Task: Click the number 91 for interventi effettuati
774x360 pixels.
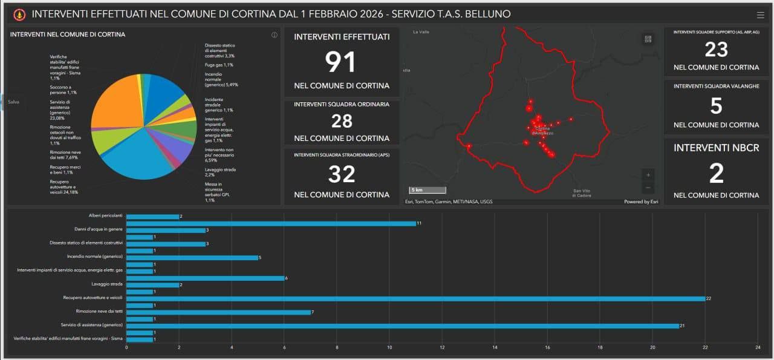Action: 341,62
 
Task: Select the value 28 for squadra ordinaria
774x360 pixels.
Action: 342,121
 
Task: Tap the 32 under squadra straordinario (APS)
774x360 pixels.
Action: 342,174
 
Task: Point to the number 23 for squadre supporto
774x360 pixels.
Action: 716,50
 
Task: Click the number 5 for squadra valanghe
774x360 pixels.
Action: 716,106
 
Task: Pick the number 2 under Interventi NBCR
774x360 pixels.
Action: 716,174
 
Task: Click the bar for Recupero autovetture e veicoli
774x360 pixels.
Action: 415,299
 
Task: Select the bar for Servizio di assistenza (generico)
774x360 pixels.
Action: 402,326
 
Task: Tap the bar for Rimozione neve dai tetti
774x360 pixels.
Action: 218,312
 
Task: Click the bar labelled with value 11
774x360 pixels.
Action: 271,223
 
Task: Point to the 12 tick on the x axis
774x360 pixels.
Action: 442,347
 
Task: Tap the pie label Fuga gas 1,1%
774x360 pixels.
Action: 219,65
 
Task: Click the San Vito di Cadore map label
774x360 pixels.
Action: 581,193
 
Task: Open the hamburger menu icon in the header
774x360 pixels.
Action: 760,15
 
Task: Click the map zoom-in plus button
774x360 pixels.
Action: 648,175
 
